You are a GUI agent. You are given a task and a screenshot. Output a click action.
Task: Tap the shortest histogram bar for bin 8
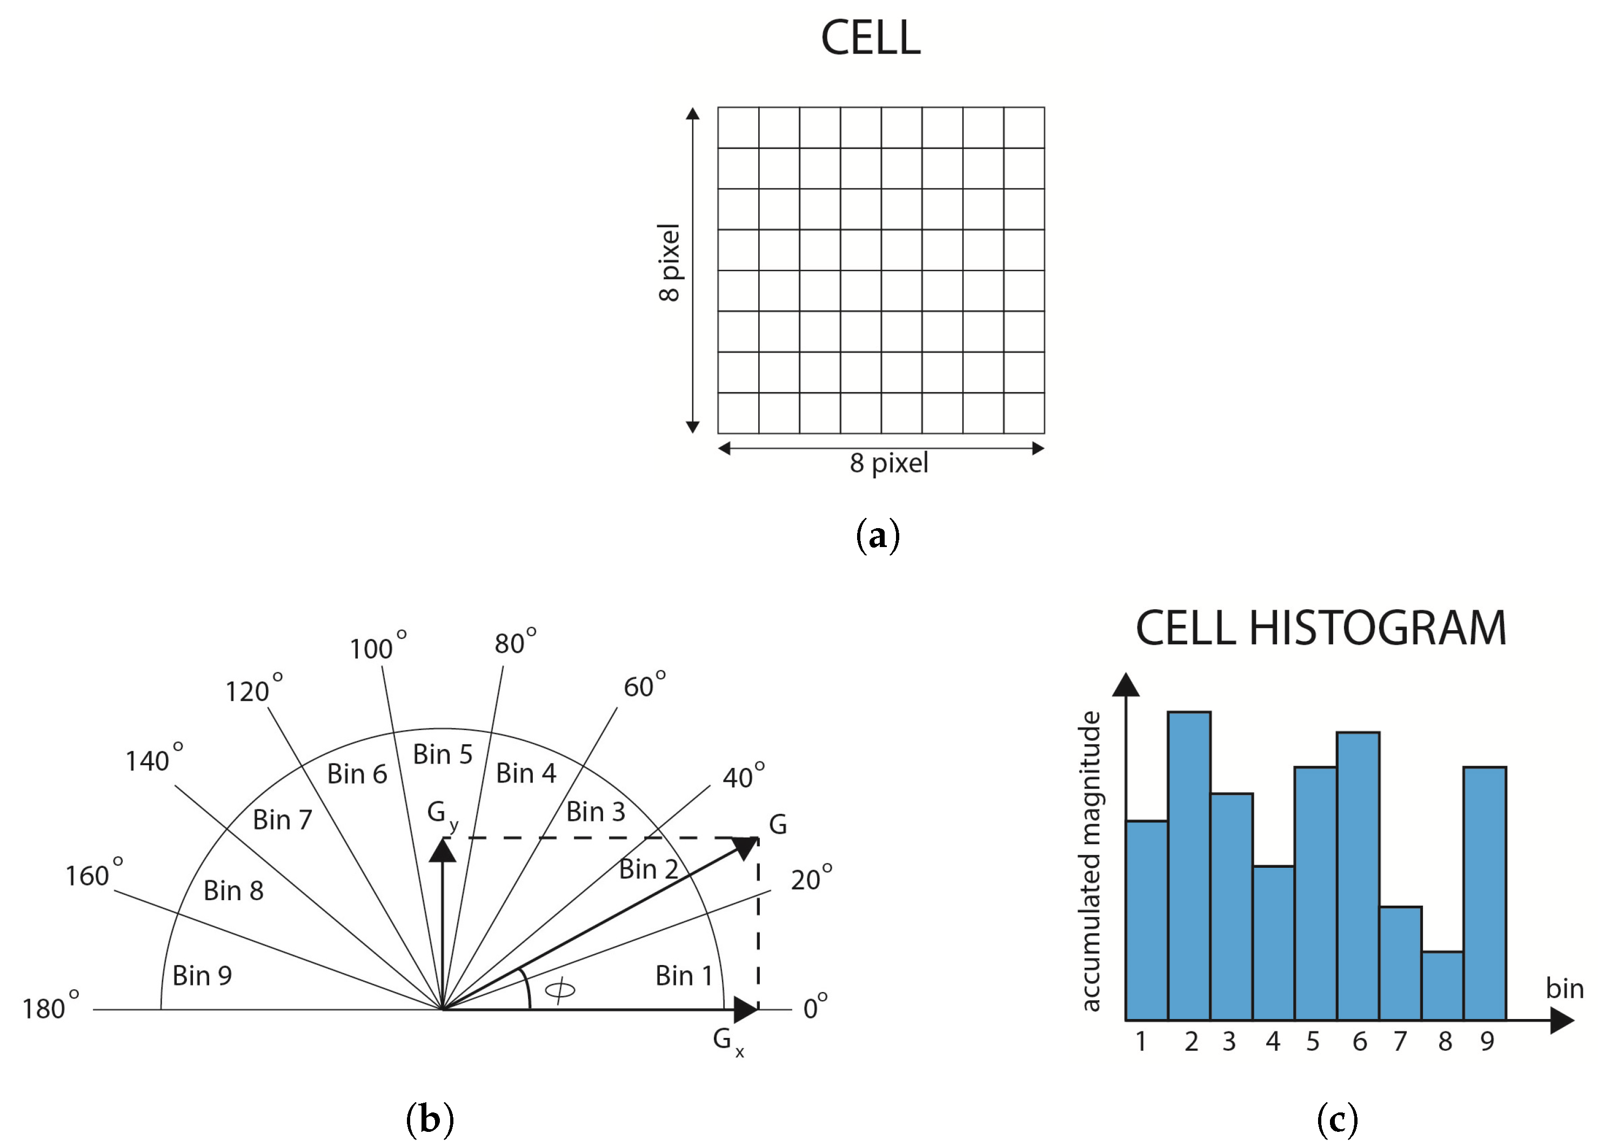click(1442, 986)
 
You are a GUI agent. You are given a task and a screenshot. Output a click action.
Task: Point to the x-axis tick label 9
click(1487, 1041)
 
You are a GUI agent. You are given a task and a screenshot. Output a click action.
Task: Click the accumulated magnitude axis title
click(1090, 862)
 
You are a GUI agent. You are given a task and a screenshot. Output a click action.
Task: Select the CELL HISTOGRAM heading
click(1320, 629)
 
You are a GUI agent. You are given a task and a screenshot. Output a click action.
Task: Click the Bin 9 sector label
click(202, 976)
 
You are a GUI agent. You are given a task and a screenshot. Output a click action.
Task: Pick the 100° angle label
click(377, 647)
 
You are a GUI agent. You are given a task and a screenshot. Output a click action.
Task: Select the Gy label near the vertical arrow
click(442, 815)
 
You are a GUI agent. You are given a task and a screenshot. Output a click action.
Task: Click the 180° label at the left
click(49, 1008)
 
